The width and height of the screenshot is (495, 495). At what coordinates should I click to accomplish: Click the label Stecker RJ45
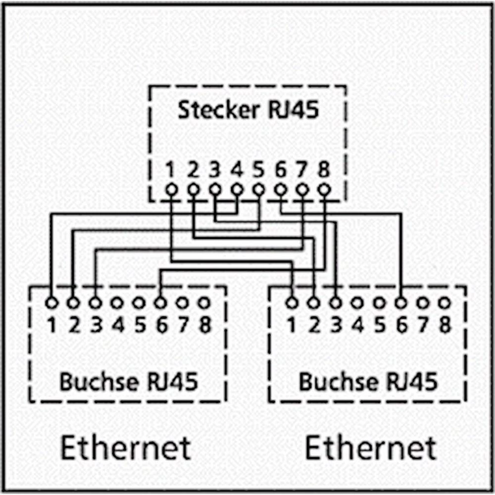coord(247,110)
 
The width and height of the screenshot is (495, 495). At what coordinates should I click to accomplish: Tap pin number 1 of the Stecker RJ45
coord(170,171)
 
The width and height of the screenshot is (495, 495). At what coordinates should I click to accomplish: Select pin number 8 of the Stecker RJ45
coord(324,171)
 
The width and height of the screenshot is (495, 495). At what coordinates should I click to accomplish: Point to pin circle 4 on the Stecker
coord(237,189)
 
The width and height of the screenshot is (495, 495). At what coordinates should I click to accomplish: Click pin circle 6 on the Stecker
coord(280,189)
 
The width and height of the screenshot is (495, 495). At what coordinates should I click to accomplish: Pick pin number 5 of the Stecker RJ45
coord(258,171)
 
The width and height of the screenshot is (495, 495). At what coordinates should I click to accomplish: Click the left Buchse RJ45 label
coord(128,382)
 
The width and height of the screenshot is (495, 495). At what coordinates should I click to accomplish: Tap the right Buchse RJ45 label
coord(368,382)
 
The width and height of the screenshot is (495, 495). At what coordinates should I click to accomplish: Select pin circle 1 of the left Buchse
coord(51,302)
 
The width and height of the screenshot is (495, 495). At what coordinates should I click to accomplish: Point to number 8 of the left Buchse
coord(204,325)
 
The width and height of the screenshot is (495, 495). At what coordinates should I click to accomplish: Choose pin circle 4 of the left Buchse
coord(117,302)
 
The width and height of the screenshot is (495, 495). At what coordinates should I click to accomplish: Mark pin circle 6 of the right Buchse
coord(400,302)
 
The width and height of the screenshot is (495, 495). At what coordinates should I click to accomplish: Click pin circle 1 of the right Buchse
coord(292,302)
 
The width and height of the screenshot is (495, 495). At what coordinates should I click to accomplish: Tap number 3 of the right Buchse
coord(336,325)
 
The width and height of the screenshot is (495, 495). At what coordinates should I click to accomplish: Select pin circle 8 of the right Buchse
coord(445,302)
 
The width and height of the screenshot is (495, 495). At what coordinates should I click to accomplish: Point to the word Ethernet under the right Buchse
coord(370,447)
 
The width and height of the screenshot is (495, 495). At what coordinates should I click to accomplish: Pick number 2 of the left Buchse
coord(74,325)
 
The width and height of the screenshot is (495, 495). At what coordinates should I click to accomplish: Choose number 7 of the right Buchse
coord(423,325)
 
